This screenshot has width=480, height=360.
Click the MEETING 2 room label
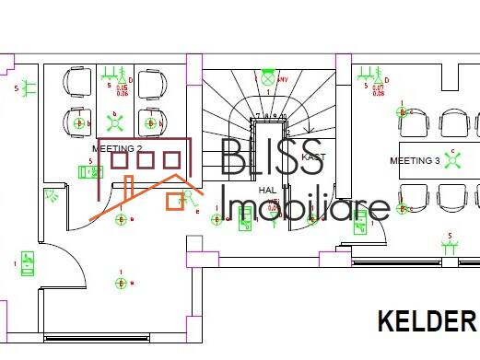pos(117,148)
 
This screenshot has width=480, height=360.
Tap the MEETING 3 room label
pos(415,161)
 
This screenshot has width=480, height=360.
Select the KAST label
pos(313,157)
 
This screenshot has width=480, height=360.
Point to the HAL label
pos(267,190)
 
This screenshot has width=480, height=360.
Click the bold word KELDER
pos(426,321)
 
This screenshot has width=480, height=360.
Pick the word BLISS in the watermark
pos(273,158)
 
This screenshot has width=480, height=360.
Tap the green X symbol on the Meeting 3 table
pos(451,160)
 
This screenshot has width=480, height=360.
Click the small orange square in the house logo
pos(174,202)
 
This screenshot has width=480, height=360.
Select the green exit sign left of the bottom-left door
pos(28,264)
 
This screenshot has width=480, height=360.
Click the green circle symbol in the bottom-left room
pos(122,282)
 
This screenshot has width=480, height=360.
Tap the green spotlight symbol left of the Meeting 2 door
pos(53,195)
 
